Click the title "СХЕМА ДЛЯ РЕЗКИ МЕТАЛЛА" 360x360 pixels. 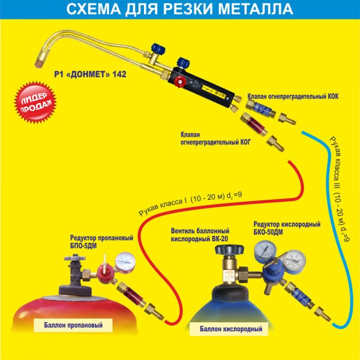point(179,10)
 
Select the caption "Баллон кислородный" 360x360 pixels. point(233,329)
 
